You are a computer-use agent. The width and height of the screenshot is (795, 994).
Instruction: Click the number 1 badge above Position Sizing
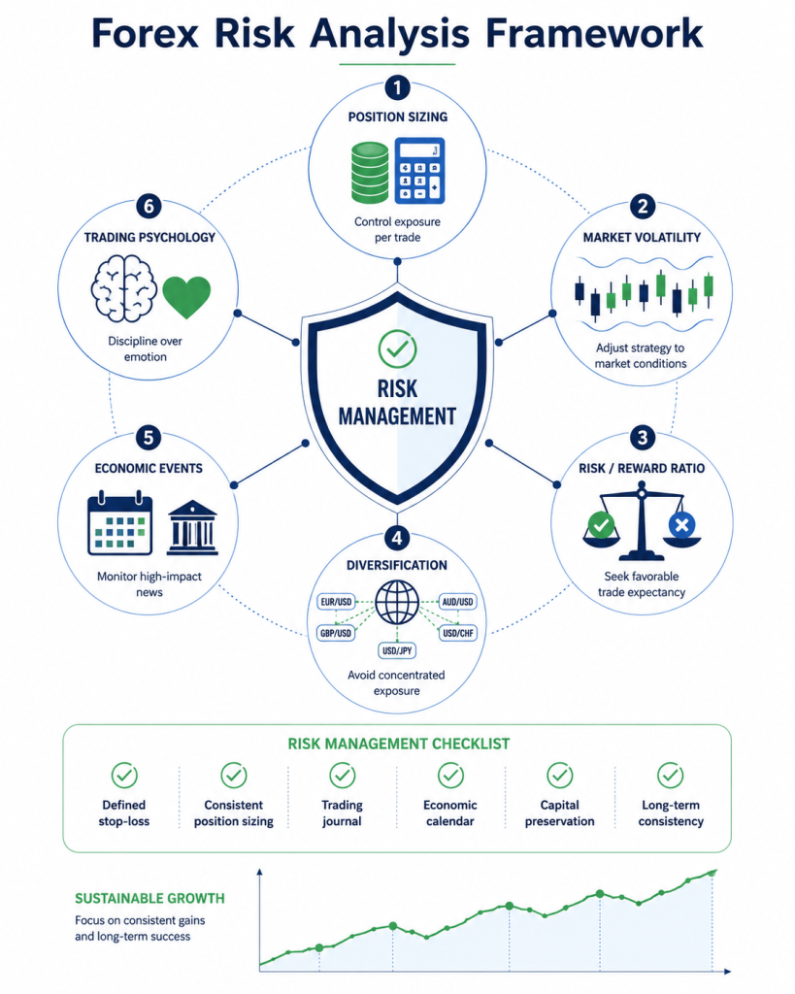[x=398, y=87]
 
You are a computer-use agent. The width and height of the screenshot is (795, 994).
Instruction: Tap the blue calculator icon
[x=419, y=171]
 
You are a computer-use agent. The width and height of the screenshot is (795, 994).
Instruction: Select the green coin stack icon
[x=370, y=173]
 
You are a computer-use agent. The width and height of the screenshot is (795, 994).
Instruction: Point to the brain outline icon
[x=123, y=288]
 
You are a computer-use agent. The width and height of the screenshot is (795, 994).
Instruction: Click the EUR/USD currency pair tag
[x=336, y=602]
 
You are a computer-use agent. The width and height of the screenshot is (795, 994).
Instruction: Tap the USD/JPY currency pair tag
[x=397, y=650]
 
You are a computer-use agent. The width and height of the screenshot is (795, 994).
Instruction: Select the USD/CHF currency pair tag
[x=458, y=633]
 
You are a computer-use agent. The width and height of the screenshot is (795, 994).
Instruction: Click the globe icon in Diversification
[x=397, y=602]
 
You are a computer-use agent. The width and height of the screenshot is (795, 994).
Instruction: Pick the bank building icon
[x=193, y=528]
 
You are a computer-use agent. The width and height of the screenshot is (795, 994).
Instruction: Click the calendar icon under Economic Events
[x=119, y=523]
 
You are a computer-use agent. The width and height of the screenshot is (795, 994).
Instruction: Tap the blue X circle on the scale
[x=682, y=525]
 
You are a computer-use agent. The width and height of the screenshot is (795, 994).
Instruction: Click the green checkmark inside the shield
[x=398, y=348]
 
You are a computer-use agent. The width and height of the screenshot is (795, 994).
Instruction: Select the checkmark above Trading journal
[x=343, y=775]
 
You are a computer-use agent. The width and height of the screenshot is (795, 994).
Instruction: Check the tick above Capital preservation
[x=560, y=775]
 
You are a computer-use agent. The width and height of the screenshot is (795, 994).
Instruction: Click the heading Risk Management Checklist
[x=399, y=744]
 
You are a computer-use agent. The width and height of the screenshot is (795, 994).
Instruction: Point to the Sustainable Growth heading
[x=149, y=898]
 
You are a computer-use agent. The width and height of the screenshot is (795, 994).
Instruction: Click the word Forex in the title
[x=146, y=33]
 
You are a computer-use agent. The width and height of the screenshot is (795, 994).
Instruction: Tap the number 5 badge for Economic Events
[x=149, y=438]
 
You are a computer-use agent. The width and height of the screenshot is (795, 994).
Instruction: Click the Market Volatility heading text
[x=642, y=237]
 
